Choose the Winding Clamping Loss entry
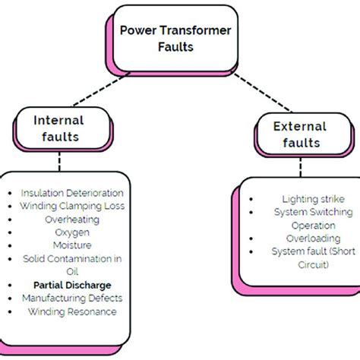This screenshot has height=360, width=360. (x=71, y=205)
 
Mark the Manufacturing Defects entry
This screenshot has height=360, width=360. (x=71, y=298)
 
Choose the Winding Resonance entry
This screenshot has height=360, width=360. (x=71, y=311)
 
